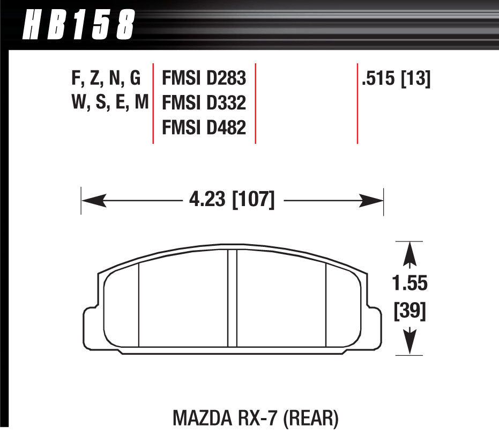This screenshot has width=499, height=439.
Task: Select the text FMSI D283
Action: click(204, 79)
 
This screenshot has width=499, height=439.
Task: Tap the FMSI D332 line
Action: click(204, 104)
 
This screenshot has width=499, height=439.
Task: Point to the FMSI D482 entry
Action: click(204, 128)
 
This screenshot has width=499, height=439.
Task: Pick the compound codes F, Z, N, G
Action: click(105, 79)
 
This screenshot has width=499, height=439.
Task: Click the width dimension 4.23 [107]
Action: click(232, 201)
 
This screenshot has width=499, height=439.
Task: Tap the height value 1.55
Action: click(410, 283)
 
